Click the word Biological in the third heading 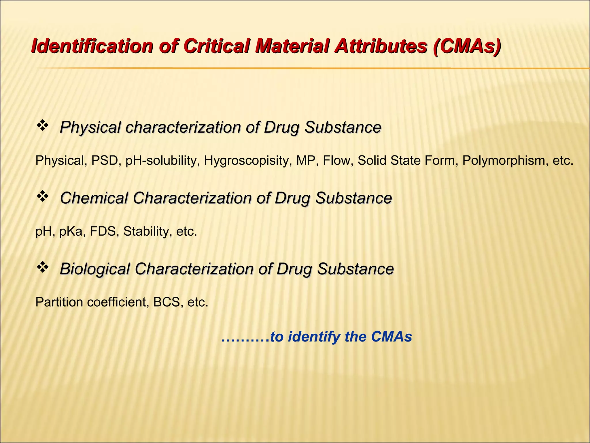click(x=95, y=269)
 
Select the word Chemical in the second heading click(x=94, y=198)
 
